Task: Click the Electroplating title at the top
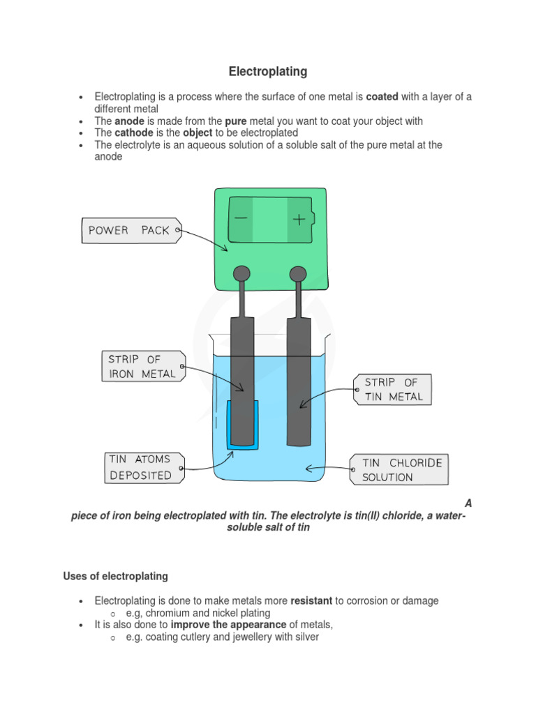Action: click(268, 72)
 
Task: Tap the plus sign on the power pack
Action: click(299, 220)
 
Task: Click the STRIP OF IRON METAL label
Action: click(143, 367)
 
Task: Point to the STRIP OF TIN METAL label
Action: click(393, 390)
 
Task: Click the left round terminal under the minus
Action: click(241, 273)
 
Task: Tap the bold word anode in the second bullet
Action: click(129, 121)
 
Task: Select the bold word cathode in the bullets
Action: click(133, 132)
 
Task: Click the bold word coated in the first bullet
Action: click(383, 97)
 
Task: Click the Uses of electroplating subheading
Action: click(115, 576)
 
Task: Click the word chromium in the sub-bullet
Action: click(168, 613)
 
